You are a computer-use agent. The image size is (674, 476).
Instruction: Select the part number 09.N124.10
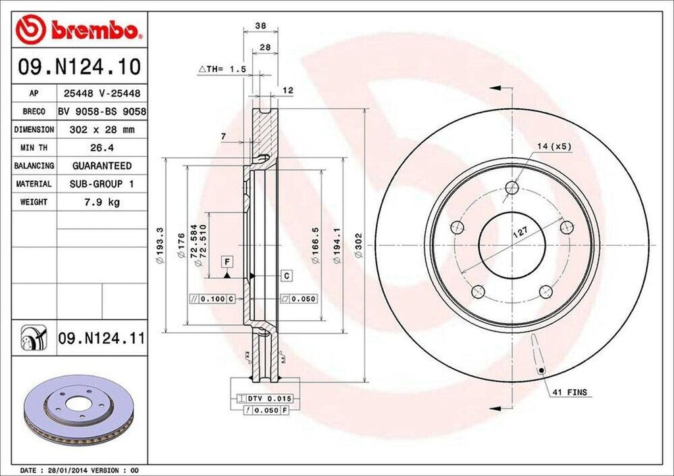click(x=79, y=67)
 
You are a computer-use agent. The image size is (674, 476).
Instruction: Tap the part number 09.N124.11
click(x=101, y=339)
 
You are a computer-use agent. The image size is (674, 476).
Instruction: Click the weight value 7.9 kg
click(x=102, y=202)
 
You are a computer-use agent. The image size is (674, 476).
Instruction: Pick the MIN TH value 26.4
click(x=102, y=148)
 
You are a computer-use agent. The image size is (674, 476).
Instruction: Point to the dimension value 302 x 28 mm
click(x=102, y=130)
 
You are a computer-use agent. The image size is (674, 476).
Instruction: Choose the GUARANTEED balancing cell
click(x=102, y=166)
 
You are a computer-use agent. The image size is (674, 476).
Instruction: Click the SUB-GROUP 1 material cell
click(x=102, y=184)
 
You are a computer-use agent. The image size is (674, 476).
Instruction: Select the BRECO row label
click(x=33, y=112)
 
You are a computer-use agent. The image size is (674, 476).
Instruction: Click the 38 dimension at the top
click(x=260, y=27)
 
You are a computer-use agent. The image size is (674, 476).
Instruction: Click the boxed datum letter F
click(x=226, y=262)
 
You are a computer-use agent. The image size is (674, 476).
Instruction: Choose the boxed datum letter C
click(x=288, y=275)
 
